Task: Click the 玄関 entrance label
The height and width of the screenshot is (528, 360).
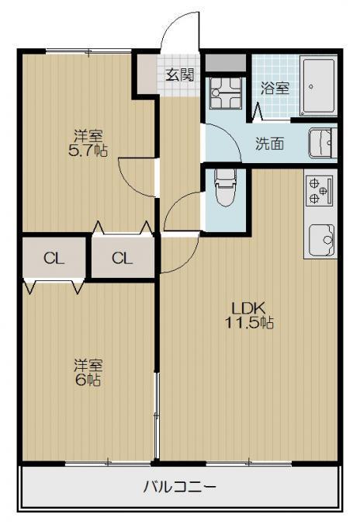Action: point(180,75)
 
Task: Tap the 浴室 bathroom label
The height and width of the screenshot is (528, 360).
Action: point(275,89)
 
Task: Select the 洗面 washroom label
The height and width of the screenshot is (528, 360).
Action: point(269,144)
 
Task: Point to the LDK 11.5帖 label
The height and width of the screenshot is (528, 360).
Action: point(249,315)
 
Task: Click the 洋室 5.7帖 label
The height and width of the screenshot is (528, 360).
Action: point(88,144)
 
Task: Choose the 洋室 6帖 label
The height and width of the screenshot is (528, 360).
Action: point(88,373)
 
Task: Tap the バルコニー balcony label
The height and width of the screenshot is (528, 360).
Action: point(180,487)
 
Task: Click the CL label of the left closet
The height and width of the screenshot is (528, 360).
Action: point(54,259)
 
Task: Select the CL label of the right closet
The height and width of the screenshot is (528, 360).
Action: point(122,259)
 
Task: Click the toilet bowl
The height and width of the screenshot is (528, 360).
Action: point(226,187)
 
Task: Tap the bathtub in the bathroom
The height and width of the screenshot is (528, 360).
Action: point(318,87)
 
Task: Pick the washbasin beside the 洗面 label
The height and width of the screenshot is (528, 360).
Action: point(323,143)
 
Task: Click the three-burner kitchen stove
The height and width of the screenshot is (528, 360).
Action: point(320,191)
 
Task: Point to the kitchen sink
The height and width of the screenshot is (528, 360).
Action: point(321,239)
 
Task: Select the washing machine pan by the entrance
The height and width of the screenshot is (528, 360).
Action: point(226,93)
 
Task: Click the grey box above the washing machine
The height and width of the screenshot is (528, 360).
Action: point(226,63)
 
